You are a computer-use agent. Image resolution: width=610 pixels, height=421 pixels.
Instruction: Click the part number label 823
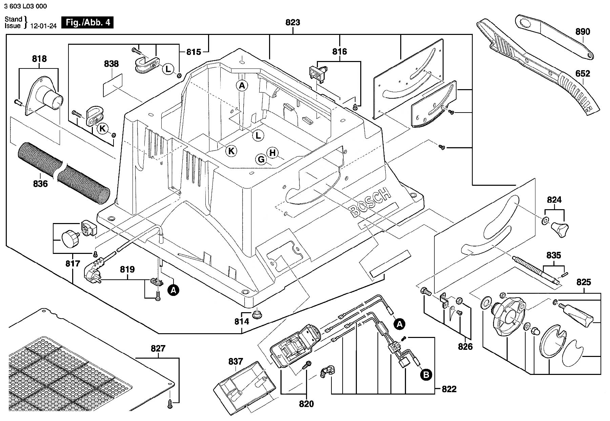click(293, 22)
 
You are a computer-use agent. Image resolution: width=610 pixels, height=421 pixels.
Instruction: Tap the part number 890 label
click(583, 32)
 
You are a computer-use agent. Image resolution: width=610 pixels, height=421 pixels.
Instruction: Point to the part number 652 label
click(583, 74)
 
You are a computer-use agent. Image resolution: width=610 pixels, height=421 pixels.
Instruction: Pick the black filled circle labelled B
click(426, 375)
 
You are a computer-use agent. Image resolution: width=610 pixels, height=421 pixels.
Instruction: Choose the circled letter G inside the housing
click(261, 159)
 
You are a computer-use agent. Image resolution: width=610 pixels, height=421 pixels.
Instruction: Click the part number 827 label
click(158, 348)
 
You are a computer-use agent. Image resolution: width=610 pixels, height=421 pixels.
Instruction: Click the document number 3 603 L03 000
click(26, 6)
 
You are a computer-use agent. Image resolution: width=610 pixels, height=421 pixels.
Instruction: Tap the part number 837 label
click(236, 362)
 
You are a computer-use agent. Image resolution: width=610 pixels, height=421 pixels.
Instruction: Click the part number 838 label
click(111, 64)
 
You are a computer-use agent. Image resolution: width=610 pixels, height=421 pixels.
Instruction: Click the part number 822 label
click(449, 389)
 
